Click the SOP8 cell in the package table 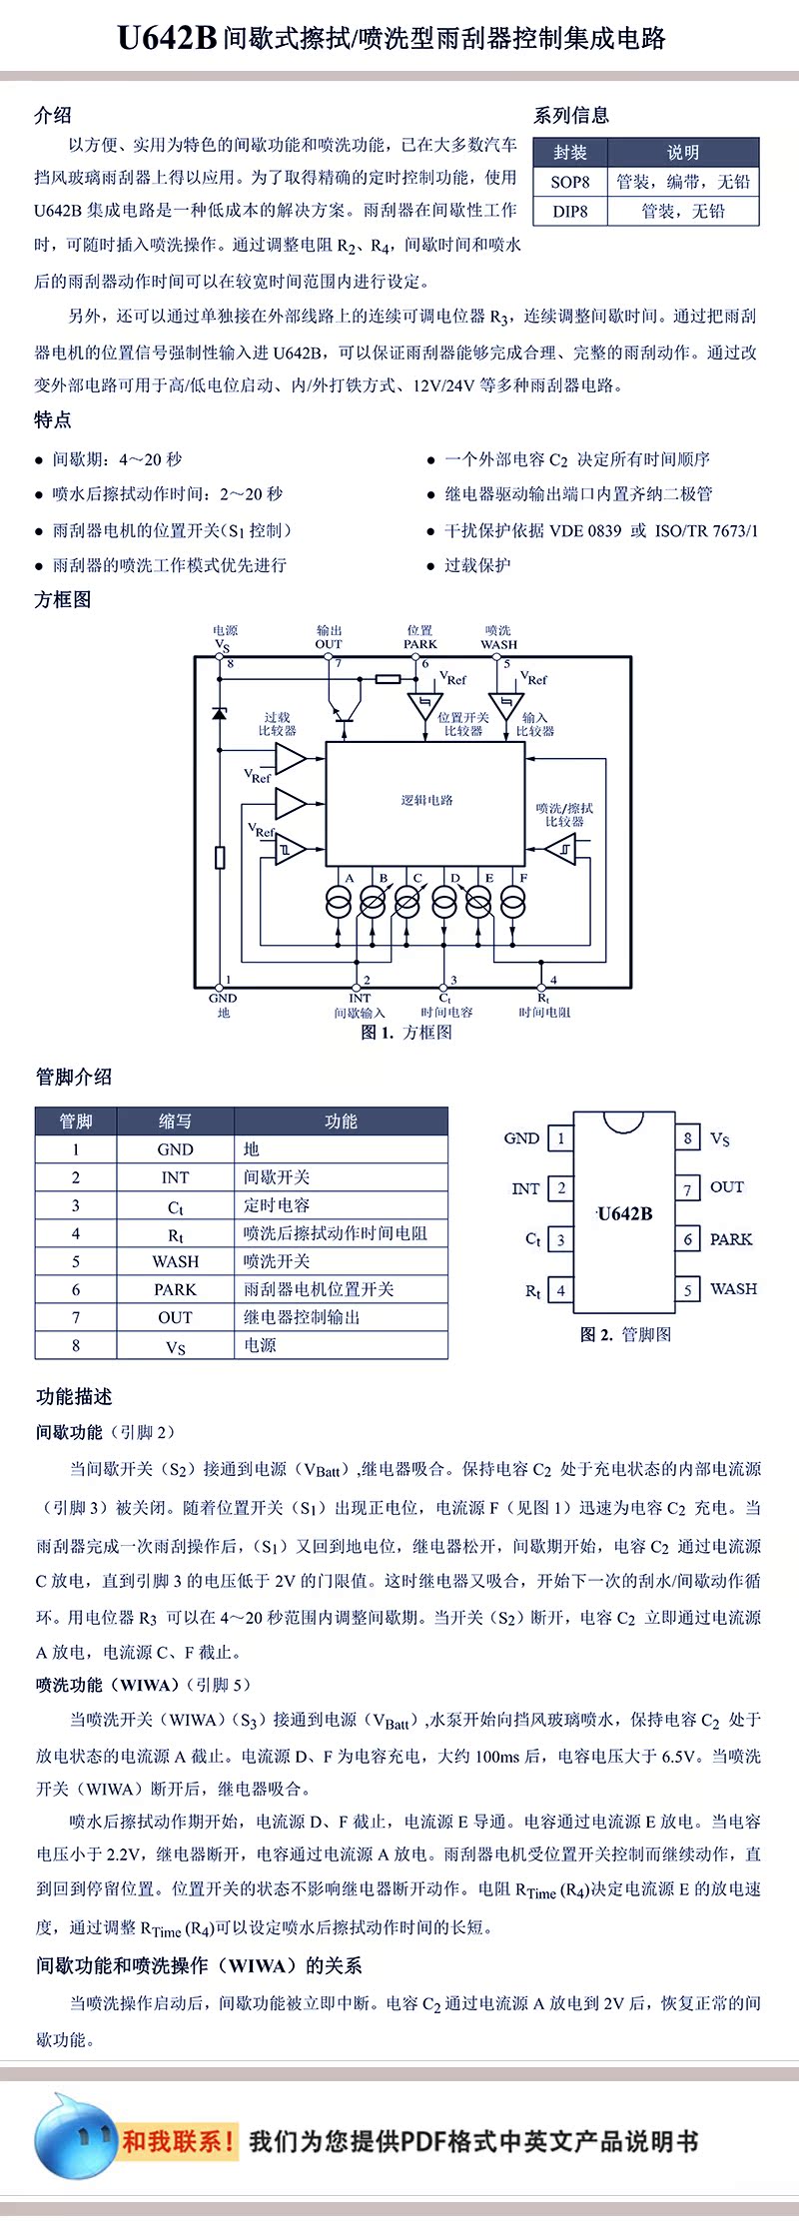pos(570,182)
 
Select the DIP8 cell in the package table pos(570,211)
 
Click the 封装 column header pos(570,153)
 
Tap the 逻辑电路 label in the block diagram pos(426,800)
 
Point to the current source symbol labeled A pos(339,902)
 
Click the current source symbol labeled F pos(513,902)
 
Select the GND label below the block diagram pos(223,998)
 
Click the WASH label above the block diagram pos(498,644)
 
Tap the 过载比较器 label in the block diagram pos(278,724)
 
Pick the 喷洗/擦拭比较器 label pos(564,815)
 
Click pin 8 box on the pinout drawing pos(687,1137)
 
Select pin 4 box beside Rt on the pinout pos(561,1290)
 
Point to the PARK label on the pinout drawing pos(731,1239)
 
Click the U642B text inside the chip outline pos(624,1213)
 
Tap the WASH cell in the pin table pos(175,1261)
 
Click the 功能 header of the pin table pos(341,1121)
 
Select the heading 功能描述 pos(74,1396)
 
